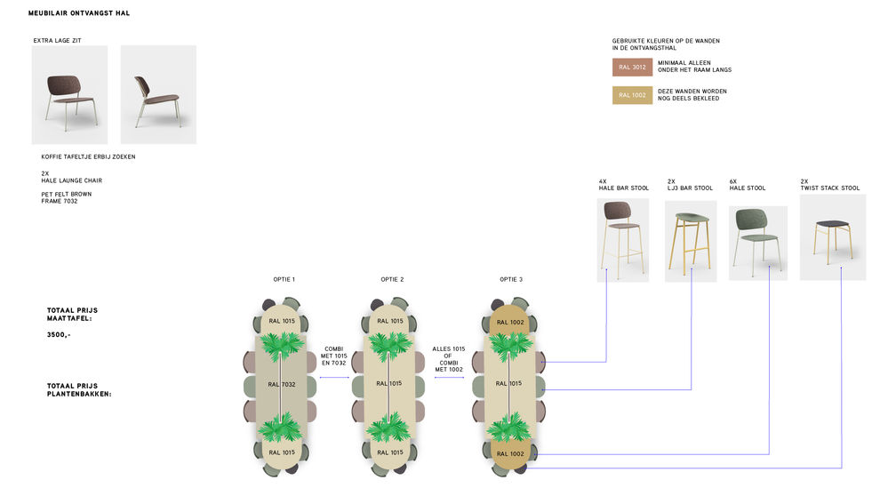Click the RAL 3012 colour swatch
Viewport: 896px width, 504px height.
pyautogui.click(x=632, y=67)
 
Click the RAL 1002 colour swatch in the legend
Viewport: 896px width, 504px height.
pyautogui.click(x=632, y=95)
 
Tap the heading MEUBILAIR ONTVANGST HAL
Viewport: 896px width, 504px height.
pyautogui.click(x=79, y=13)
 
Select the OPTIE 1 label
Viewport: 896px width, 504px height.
pyautogui.click(x=284, y=279)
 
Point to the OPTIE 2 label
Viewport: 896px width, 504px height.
pyautogui.click(x=392, y=279)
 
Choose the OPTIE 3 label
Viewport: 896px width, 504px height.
pyautogui.click(x=511, y=279)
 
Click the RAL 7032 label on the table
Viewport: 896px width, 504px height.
pyautogui.click(x=282, y=385)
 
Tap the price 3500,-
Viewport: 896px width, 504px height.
pyautogui.click(x=59, y=335)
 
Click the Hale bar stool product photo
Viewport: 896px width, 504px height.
pyautogui.click(x=623, y=240)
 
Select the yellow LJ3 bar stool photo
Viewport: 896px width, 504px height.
pyautogui.click(x=691, y=241)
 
